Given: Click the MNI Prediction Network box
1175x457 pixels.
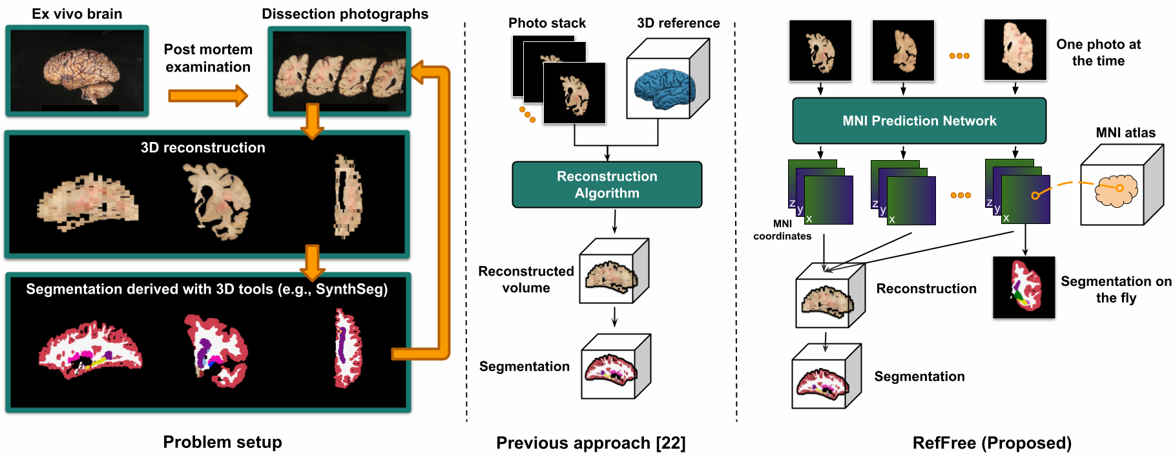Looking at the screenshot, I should [x=919, y=121].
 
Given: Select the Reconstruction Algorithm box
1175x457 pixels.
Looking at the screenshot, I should [x=607, y=185].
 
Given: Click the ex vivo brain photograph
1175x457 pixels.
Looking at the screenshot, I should [x=78, y=71].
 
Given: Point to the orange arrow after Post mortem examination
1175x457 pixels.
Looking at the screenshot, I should [x=207, y=96].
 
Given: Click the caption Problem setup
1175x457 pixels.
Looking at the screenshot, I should [x=222, y=442].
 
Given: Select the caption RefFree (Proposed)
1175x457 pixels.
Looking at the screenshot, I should [x=992, y=443].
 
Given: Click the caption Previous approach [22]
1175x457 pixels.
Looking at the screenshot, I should [x=590, y=443].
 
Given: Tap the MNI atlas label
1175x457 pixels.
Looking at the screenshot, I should [x=1125, y=133].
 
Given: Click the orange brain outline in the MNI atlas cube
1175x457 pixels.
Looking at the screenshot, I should [x=1116, y=190].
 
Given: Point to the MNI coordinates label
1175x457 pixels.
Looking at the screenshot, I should [x=782, y=230].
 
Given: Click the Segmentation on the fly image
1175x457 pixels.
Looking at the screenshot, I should [x=1024, y=287].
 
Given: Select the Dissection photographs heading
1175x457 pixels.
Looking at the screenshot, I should [x=345, y=14].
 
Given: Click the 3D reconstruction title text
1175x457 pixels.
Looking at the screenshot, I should [x=203, y=148].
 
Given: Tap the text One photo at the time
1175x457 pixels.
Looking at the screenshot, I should [x=1098, y=53].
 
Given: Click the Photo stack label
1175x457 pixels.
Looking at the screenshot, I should [x=546, y=23].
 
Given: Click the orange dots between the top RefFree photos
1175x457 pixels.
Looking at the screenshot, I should [x=959, y=56].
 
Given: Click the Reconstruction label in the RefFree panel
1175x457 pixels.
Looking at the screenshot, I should [x=926, y=289].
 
